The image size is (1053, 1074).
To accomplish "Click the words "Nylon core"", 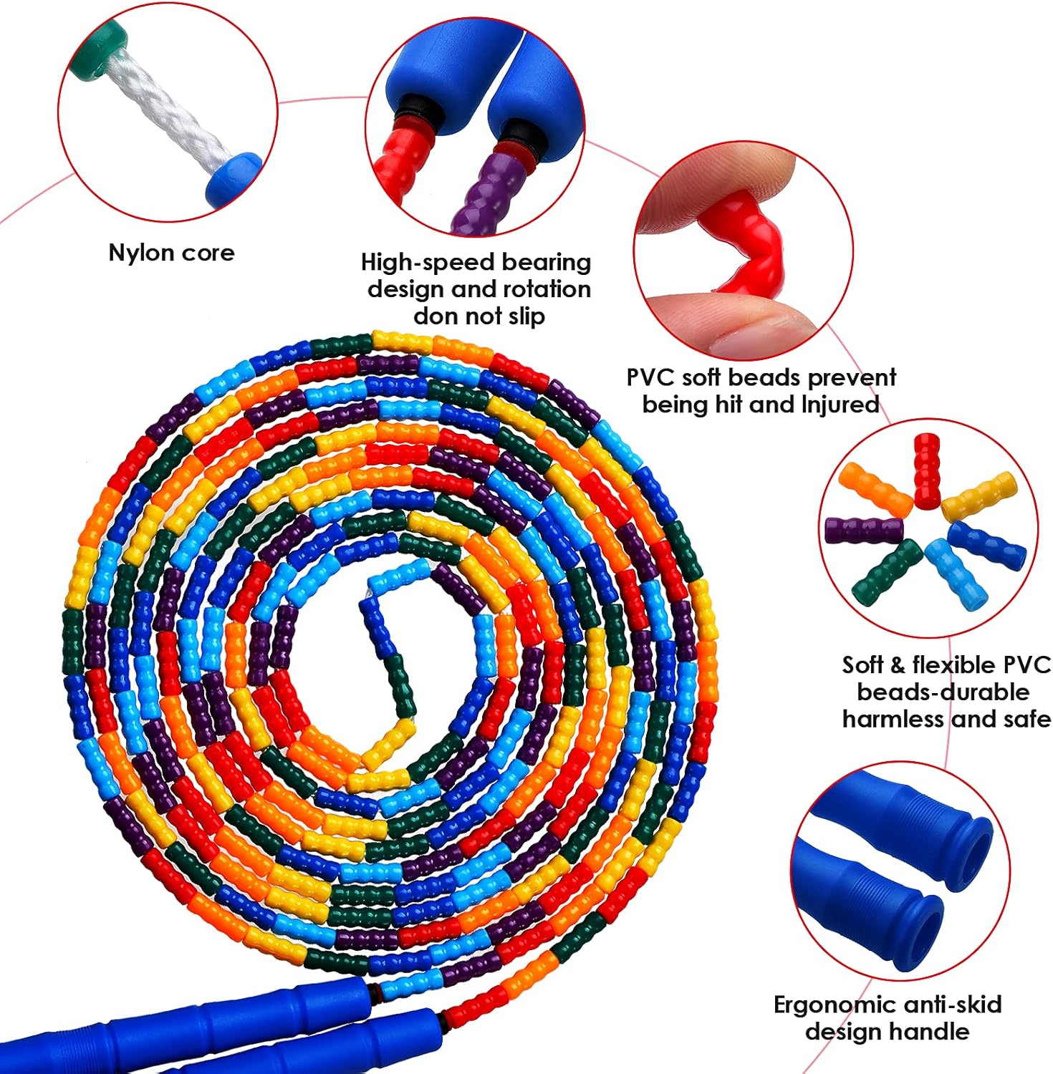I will point(171,253).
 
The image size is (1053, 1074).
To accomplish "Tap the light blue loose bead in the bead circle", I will point(956,574).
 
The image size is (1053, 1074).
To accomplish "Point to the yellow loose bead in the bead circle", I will point(979,495).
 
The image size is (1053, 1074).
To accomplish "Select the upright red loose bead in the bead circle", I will point(926,469).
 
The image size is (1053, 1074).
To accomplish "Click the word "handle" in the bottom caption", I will point(931,1032).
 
